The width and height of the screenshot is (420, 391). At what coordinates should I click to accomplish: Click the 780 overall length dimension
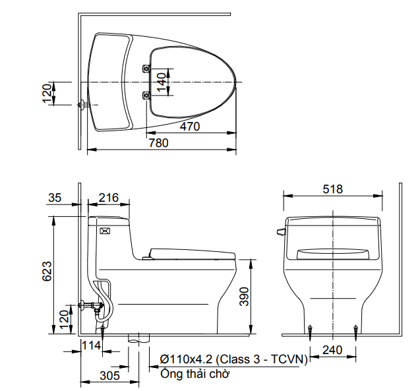pyautogui.click(x=158, y=142)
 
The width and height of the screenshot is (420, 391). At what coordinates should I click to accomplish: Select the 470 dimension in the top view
pyautogui.click(x=190, y=127)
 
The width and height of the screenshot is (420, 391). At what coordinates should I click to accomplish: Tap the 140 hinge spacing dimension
pyautogui.click(x=161, y=82)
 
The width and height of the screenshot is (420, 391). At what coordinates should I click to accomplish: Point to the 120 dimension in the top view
pyautogui.click(x=47, y=93)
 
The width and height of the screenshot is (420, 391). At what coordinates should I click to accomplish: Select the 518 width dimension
pyautogui.click(x=333, y=189)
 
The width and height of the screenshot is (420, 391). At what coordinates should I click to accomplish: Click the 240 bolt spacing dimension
pyautogui.click(x=333, y=351)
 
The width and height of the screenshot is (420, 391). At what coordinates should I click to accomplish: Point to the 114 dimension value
pyautogui.click(x=91, y=345)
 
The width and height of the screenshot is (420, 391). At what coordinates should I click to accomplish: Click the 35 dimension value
pyautogui.click(x=55, y=197)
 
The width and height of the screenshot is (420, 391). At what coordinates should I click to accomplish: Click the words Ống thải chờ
pyautogui.click(x=195, y=373)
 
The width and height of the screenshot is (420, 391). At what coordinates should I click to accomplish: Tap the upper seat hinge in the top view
pyautogui.click(x=146, y=68)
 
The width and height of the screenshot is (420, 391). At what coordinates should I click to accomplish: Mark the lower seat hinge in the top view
pyautogui.click(x=146, y=96)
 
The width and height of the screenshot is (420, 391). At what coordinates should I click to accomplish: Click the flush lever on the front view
pyautogui.click(x=280, y=231)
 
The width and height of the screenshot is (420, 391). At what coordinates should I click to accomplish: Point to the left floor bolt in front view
pyautogui.click(x=310, y=328)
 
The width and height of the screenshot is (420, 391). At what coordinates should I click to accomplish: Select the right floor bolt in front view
pyautogui.click(x=356, y=328)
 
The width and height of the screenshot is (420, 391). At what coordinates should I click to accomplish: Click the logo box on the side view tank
pyautogui.click(x=104, y=231)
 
